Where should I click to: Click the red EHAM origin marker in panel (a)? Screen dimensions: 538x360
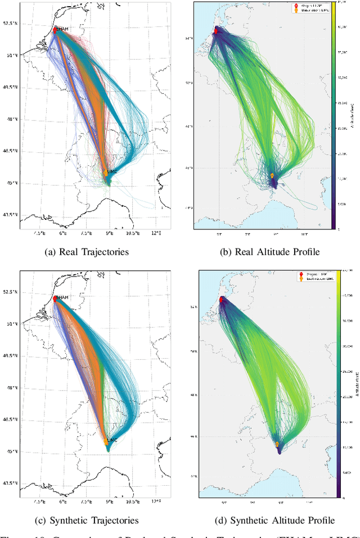click(x=55, y=30)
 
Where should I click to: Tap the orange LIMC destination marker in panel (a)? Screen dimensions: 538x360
click(x=105, y=173)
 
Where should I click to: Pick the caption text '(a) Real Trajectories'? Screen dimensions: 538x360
click(x=87, y=252)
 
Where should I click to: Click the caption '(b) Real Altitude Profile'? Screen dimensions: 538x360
click(x=271, y=252)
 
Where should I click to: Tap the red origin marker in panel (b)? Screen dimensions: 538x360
click(x=215, y=30)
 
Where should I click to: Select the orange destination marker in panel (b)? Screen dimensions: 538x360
click(x=272, y=176)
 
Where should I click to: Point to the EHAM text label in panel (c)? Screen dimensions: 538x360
click(x=62, y=297)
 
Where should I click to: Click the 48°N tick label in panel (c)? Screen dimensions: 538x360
click(x=11, y=387)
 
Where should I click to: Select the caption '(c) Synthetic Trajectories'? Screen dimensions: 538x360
click(x=91, y=521)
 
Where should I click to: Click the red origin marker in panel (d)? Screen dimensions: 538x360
click(x=221, y=299)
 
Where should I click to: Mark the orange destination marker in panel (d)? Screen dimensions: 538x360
click(x=277, y=444)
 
